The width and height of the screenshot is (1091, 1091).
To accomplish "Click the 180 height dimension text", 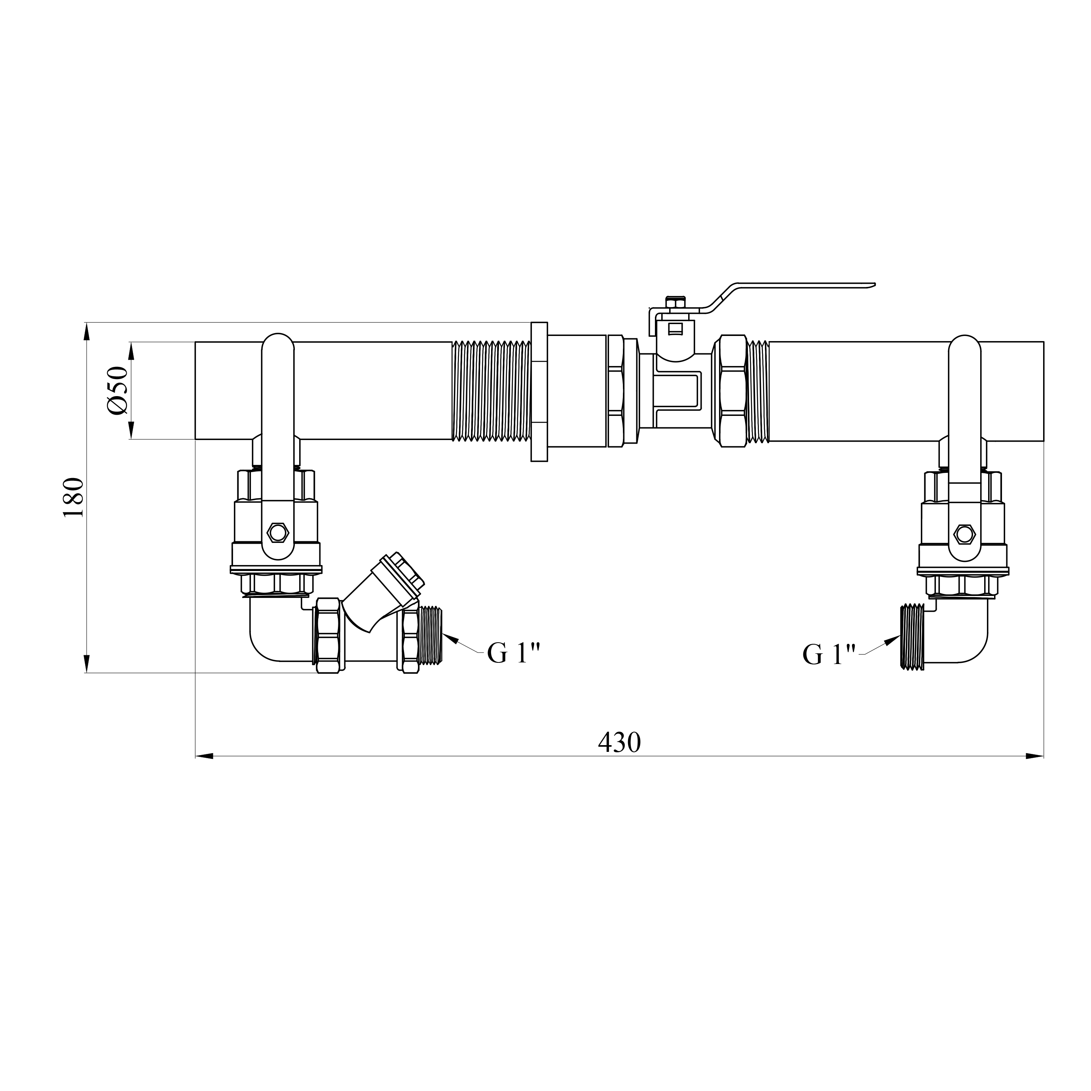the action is [x=74, y=497].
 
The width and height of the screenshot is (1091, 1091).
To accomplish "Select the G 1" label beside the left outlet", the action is [x=514, y=653].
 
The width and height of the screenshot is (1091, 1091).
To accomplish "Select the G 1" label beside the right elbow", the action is [x=829, y=655].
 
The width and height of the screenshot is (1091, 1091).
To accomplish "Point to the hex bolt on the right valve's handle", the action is [x=964, y=533].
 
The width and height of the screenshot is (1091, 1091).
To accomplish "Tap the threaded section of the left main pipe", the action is [x=491, y=390].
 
